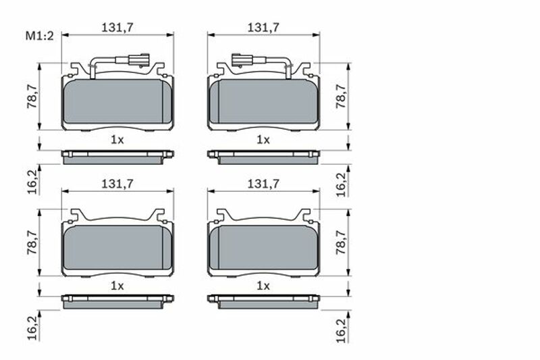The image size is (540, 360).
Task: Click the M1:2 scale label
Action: tap(40, 36)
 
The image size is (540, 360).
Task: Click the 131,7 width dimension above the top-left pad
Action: tap(117, 28)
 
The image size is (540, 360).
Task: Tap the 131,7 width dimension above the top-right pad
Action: tap(263, 28)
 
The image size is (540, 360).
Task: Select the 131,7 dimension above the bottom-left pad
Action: tap(117, 184)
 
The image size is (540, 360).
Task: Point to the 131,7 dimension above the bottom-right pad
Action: tap(263, 184)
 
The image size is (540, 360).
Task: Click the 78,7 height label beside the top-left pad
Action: tap(32, 96)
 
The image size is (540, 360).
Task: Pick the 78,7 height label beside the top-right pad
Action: tap(341, 96)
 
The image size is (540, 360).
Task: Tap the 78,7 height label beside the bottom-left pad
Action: tap(32, 242)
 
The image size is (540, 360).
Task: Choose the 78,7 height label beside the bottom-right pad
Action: tap(341, 242)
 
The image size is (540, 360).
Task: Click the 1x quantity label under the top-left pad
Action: tap(117, 140)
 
